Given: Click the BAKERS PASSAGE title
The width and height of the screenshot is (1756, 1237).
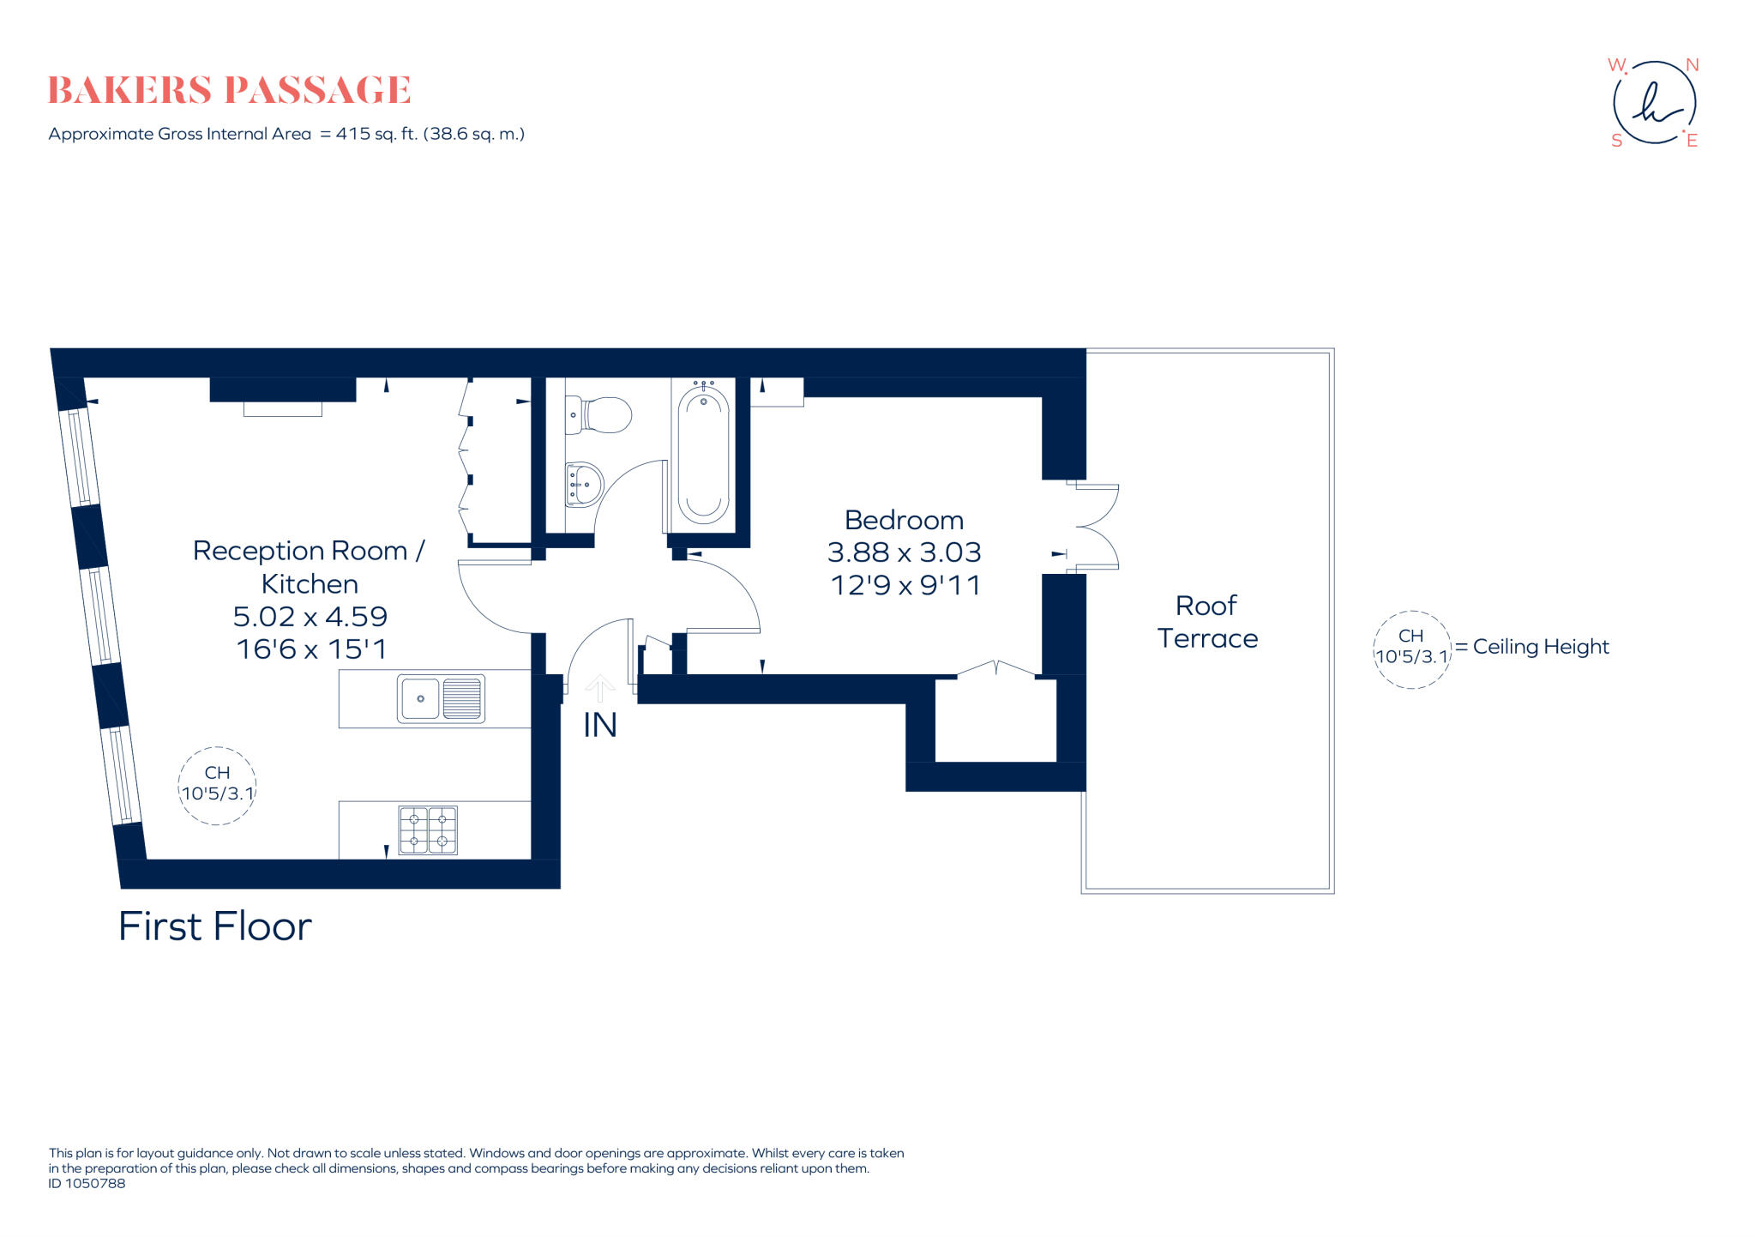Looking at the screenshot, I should pyautogui.click(x=229, y=90).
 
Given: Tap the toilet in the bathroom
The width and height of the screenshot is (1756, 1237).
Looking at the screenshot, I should pyautogui.click(x=600, y=415).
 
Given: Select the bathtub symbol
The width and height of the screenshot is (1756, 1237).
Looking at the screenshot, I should pyautogui.click(x=703, y=455).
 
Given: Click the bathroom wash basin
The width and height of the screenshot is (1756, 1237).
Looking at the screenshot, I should pyautogui.click(x=583, y=485).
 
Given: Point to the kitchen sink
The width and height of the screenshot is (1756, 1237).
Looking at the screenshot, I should pyautogui.click(x=441, y=698).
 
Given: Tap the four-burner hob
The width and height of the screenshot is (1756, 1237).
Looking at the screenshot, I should pyautogui.click(x=428, y=830).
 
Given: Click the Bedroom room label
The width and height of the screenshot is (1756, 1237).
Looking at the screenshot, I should pyautogui.click(x=904, y=520).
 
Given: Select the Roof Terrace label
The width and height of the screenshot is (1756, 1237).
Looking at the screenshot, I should pyautogui.click(x=1206, y=622).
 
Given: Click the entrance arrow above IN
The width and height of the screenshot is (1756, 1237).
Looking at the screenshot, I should pyautogui.click(x=599, y=688).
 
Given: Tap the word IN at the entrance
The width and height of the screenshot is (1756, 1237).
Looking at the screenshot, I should pyautogui.click(x=599, y=726).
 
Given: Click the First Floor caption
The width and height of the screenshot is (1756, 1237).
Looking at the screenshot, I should pyautogui.click(x=214, y=926).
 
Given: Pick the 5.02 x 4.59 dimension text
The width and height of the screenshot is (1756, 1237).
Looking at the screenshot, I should pyautogui.click(x=310, y=616).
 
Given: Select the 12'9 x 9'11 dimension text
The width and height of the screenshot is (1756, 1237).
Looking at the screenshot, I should pyautogui.click(x=905, y=585).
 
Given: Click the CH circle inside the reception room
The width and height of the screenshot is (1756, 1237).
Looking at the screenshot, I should pyautogui.click(x=217, y=786).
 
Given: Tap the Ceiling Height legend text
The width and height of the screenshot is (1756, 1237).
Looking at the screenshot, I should pyautogui.click(x=1541, y=647).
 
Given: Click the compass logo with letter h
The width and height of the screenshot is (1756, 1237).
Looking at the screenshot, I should pyautogui.click(x=1654, y=103).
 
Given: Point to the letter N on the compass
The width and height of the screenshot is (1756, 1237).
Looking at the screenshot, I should pyautogui.click(x=1692, y=65).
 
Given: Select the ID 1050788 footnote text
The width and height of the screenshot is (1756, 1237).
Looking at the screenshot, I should pyautogui.click(x=87, y=1184).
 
